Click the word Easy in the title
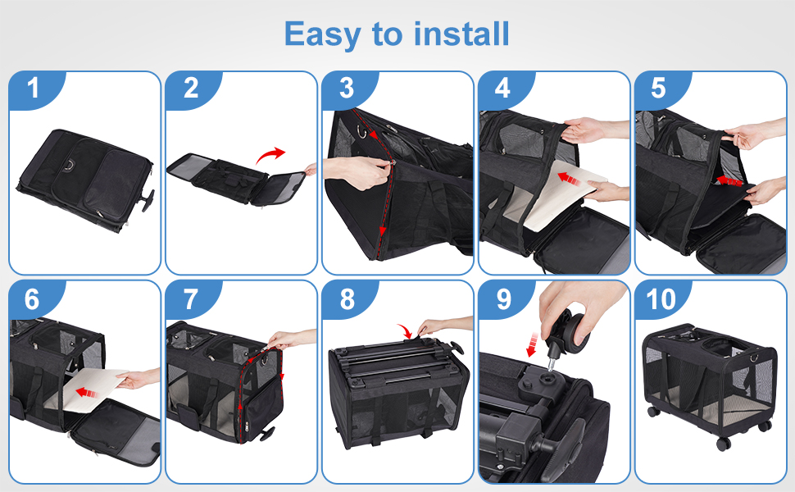(x=322, y=34)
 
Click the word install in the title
(x=461, y=34)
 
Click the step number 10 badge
(x=661, y=299)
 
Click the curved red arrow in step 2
(x=270, y=155)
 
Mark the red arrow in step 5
(x=729, y=180)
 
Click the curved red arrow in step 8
(x=406, y=330)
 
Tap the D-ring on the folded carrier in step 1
(x=67, y=165)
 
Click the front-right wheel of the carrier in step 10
(x=723, y=444)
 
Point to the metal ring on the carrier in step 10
(x=753, y=357)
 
